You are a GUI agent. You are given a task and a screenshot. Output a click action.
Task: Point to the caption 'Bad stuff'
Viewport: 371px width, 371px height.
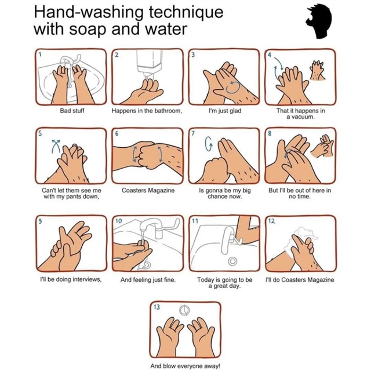(x=72, y=111)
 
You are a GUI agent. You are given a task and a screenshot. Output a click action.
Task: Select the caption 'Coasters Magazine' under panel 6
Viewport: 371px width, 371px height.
(x=148, y=191)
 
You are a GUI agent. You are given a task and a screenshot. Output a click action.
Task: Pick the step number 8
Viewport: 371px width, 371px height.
(x=270, y=134)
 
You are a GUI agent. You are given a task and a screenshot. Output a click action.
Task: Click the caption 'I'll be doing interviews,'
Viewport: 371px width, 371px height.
(x=71, y=279)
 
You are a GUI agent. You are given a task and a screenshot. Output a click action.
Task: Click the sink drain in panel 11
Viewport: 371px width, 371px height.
(x=232, y=261)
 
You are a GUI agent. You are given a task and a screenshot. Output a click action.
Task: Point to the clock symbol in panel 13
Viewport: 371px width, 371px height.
(x=184, y=310)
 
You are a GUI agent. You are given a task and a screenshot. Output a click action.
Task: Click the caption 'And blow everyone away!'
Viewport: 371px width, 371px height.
(x=185, y=366)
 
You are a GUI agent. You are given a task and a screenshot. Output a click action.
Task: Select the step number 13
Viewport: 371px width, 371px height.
(x=157, y=307)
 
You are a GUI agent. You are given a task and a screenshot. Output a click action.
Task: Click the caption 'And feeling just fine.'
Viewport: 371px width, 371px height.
(x=148, y=280)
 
